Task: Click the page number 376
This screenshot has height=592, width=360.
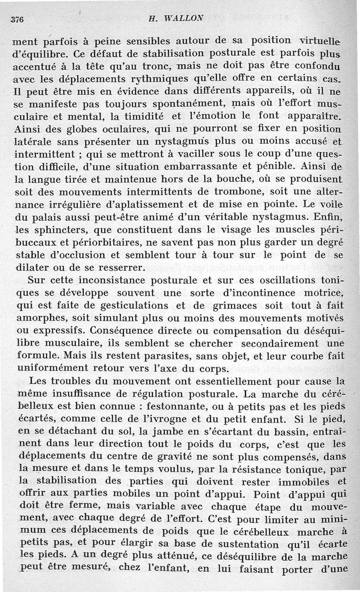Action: [x=17, y=21]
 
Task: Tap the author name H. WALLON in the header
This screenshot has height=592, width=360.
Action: [x=172, y=19]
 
